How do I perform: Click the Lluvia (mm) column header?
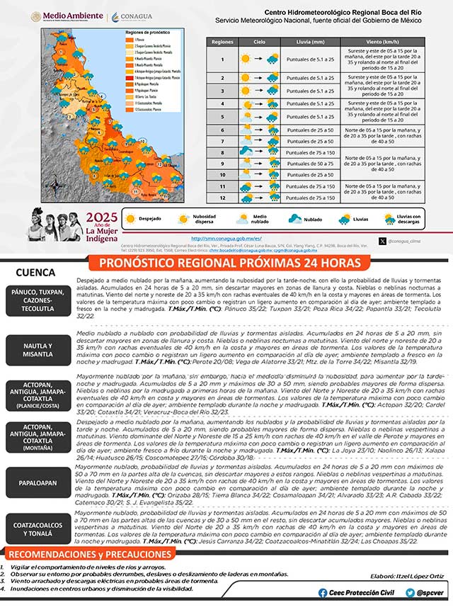point(311,42)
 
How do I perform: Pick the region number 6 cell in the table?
point(222,130)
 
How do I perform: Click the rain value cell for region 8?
point(311,152)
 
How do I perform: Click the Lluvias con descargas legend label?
point(408,220)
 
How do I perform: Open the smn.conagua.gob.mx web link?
point(227,239)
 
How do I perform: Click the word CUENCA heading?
point(36,271)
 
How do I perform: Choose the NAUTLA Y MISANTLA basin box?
point(39,347)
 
